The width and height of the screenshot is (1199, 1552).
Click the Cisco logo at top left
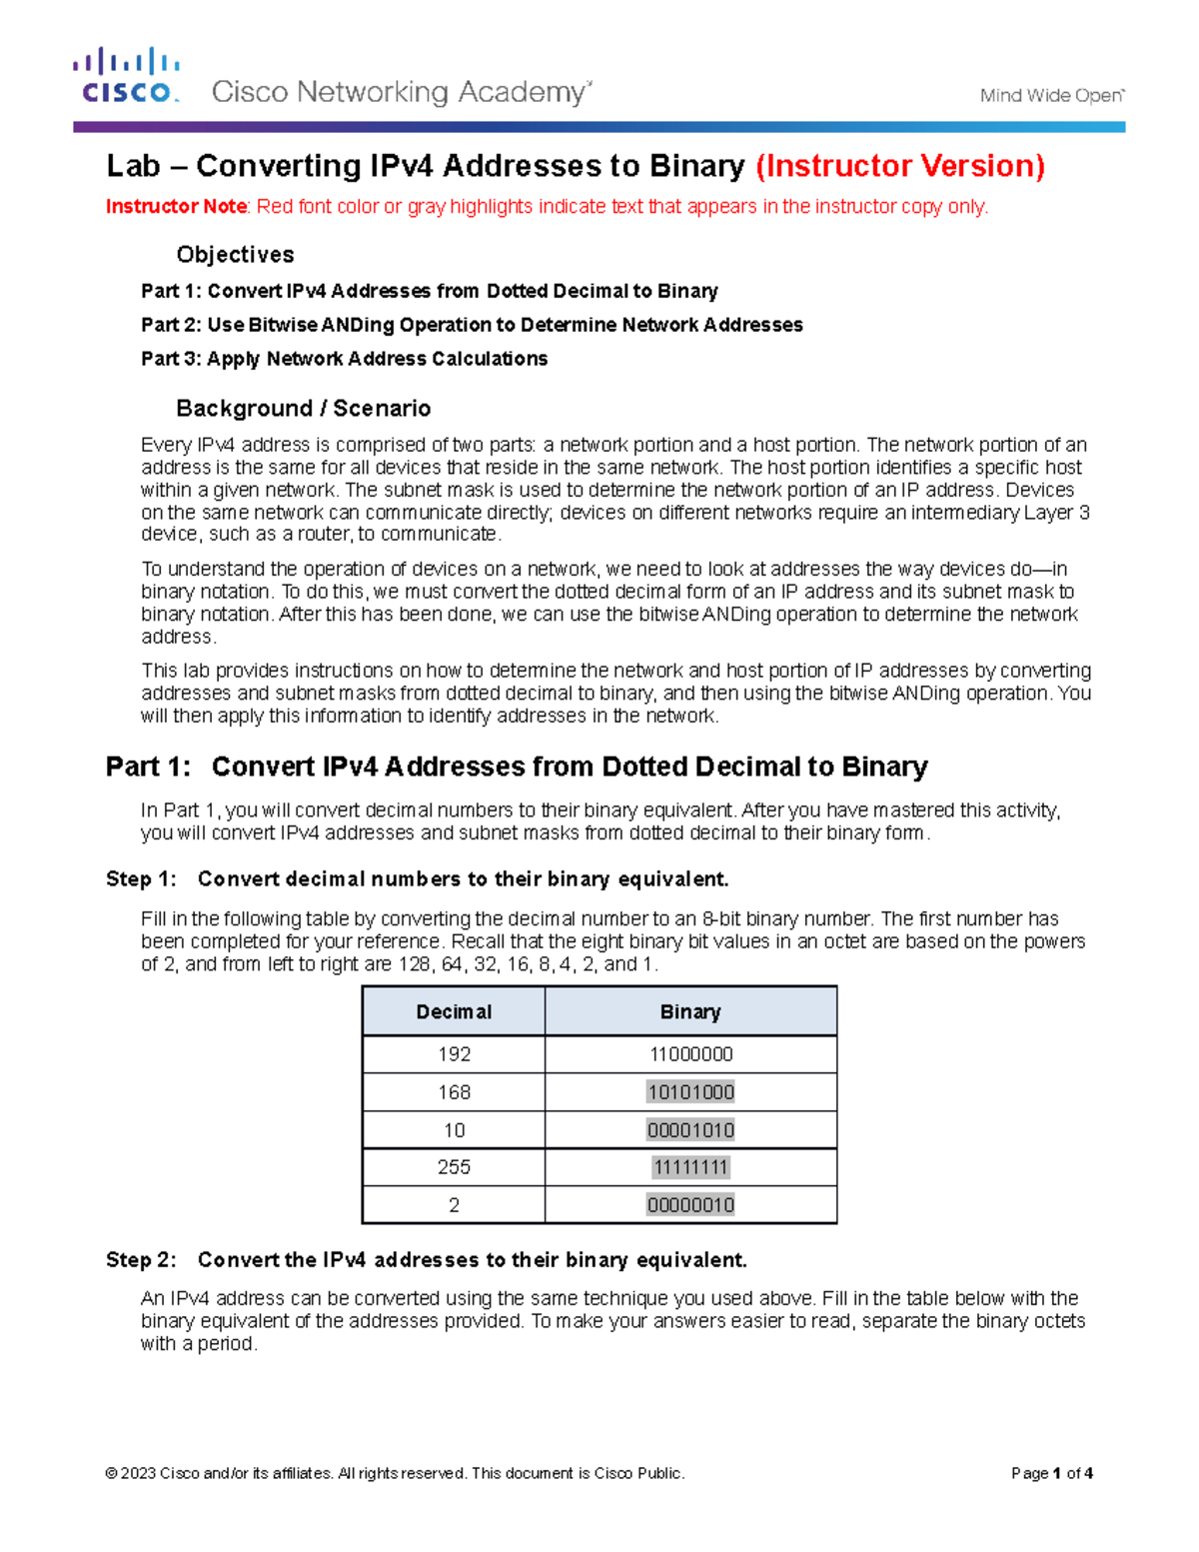126,77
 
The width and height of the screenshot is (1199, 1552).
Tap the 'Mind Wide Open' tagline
1051,96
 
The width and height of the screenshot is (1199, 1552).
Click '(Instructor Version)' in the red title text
900,166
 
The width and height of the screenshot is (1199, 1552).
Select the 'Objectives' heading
235,255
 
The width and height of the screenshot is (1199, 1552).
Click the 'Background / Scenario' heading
303,409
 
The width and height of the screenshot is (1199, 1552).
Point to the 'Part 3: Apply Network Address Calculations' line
344,359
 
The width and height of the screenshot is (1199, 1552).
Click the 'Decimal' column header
454,1012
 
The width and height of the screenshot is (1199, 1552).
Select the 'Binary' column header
690,1012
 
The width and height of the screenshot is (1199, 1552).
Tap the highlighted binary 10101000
690,1092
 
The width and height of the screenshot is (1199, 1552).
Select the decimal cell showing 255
454,1167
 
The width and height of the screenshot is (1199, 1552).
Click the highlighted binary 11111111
690,1167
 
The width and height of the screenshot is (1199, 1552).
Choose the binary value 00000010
690,1205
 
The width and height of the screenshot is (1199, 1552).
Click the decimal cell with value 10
454,1130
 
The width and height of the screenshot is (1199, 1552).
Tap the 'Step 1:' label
141,879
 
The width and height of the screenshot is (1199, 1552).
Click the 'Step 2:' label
141,1260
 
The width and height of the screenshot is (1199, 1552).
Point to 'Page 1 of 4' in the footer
1051,1473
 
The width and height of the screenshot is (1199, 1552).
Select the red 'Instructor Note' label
176,207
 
